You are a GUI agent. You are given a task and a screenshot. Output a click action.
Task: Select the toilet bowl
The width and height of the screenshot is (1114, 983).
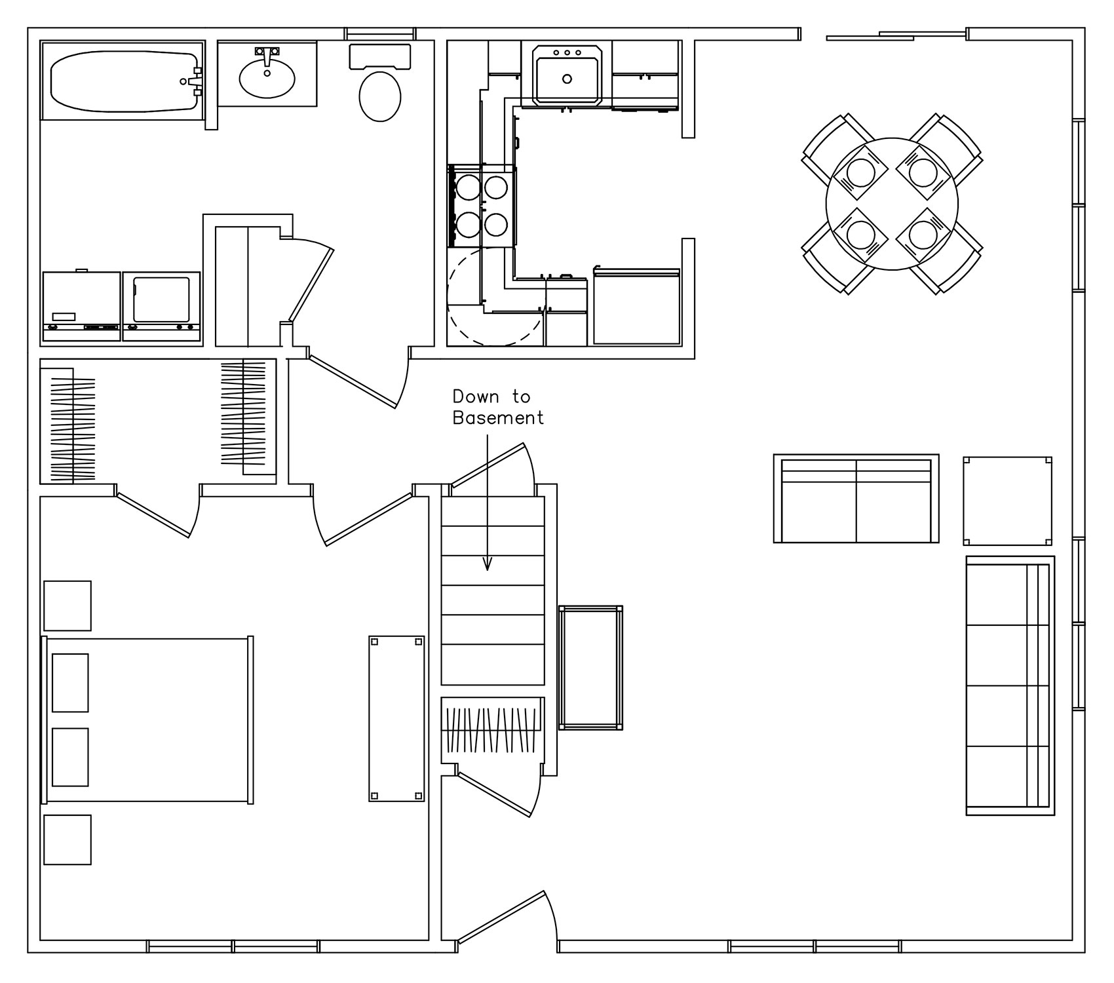[380, 96]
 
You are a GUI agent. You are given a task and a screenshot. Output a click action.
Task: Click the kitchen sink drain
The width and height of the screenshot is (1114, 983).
[567, 79]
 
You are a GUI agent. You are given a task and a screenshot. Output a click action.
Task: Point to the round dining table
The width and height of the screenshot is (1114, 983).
[892, 203]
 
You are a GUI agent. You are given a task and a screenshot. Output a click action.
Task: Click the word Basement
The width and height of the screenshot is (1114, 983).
[498, 418]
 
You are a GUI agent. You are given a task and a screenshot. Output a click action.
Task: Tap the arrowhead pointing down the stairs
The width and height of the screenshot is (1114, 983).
[487, 564]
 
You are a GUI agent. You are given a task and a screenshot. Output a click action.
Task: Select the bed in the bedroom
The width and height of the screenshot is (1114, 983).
[147, 719]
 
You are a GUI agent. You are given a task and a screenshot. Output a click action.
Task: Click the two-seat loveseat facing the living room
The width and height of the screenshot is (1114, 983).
[856, 499]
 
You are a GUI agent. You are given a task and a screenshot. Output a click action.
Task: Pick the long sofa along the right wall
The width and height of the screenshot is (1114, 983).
[1010, 685]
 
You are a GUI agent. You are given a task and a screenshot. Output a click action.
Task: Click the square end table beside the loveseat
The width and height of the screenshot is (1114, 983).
[1008, 501]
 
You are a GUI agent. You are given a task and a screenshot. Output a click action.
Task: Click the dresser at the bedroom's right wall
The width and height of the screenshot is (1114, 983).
[396, 718]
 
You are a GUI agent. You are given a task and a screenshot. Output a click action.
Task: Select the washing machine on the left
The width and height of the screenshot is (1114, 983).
[82, 306]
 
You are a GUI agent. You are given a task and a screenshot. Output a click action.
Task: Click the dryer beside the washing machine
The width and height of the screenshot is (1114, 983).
[162, 306]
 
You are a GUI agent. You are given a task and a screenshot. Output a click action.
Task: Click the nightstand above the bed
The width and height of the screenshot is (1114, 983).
[67, 606]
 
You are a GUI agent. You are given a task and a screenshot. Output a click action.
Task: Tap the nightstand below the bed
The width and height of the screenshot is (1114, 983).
[67, 839]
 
